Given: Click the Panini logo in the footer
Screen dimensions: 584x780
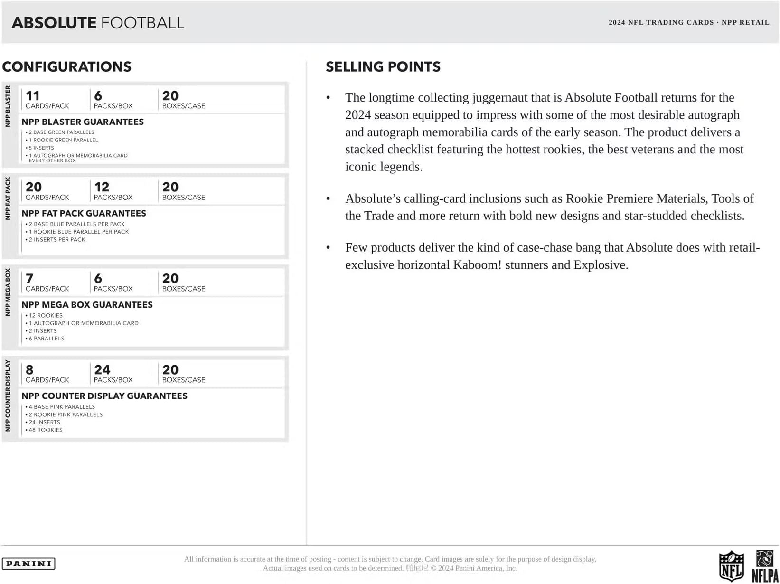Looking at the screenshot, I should tap(28, 564).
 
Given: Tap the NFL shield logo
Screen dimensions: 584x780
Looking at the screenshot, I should tap(731, 565).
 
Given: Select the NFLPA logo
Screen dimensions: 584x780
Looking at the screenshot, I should tap(764, 566).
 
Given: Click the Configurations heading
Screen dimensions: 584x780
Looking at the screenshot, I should tap(66, 67).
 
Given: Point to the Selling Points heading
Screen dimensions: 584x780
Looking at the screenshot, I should tap(383, 67).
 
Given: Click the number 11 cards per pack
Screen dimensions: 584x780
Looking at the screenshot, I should tap(33, 96).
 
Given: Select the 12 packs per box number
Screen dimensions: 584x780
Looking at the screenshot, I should tap(102, 187).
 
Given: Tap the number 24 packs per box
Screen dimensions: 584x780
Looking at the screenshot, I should tap(102, 370).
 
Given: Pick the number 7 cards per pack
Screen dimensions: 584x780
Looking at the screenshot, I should tap(29, 279).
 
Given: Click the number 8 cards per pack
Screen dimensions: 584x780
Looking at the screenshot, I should tap(29, 370).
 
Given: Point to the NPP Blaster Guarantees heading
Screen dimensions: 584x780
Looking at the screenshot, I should tap(83, 122).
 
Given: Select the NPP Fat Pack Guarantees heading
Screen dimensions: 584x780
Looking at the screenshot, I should tap(84, 214).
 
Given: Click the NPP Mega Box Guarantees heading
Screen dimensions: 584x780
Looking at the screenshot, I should tap(87, 305).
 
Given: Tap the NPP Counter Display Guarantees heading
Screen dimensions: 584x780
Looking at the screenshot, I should tap(104, 396).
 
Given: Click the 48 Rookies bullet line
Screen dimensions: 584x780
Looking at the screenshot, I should tap(45, 430).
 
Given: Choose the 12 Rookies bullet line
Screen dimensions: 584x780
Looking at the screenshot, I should tap(45, 316).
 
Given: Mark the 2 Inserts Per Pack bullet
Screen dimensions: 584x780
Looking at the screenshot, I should tap(57, 240).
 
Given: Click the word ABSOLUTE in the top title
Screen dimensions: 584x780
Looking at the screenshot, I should tap(54, 23).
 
